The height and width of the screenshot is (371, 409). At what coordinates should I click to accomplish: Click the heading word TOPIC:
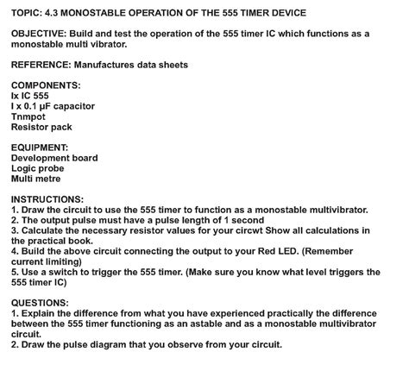coord(27,13)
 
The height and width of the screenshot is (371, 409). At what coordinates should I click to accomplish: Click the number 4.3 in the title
coord(60,13)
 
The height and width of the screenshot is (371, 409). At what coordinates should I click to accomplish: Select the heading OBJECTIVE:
coord(39,34)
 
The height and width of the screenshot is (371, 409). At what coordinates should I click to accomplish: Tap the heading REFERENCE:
coord(41,65)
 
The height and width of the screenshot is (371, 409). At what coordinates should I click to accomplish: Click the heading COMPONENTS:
coord(45,85)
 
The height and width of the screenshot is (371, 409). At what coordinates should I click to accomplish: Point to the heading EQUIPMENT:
coord(40,148)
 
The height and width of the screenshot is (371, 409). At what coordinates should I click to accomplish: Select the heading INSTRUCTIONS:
coord(47,198)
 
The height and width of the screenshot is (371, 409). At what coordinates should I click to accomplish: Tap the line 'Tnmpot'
coord(30,116)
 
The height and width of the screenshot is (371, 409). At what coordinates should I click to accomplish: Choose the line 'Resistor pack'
coord(44,127)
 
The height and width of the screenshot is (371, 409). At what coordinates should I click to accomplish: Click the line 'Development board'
coord(54,158)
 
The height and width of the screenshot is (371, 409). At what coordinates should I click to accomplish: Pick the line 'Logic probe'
coord(37,168)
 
